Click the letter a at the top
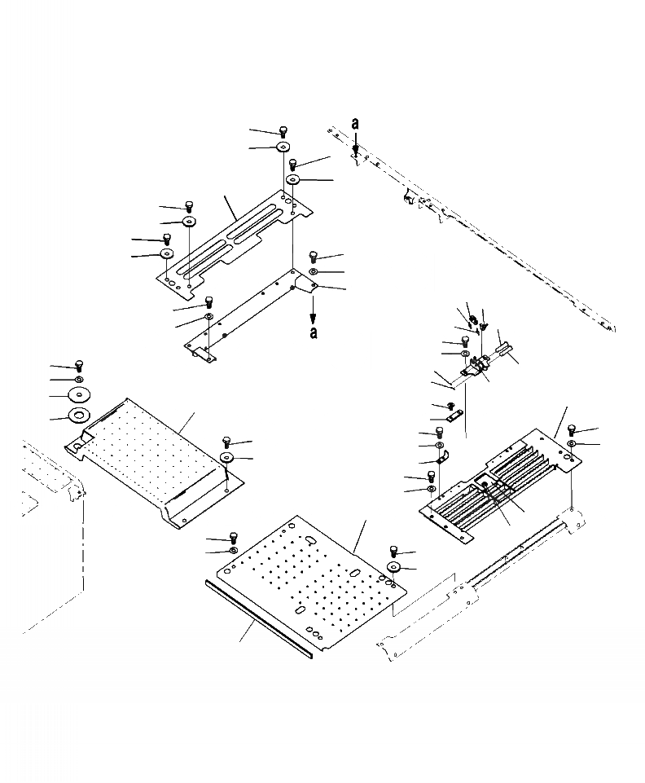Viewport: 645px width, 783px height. pyautogui.click(x=355, y=123)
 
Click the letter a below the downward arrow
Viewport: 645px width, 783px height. pyautogui.click(x=314, y=333)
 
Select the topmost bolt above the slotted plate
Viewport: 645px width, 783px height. pyautogui.click(x=283, y=131)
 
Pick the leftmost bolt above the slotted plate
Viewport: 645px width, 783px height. pyautogui.click(x=166, y=239)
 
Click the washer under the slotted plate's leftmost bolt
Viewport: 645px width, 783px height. pyautogui.click(x=166, y=254)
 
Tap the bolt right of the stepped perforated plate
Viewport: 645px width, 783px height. pyautogui.click(x=226, y=442)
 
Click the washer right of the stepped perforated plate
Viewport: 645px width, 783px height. pyautogui.click(x=226, y=458)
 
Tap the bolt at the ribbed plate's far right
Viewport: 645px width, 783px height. pyautogui.click(x=572, y=429)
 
